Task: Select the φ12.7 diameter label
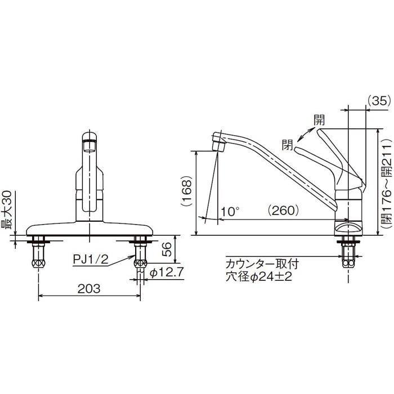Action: coord(163,273)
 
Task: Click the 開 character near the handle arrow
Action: coord(319,120)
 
